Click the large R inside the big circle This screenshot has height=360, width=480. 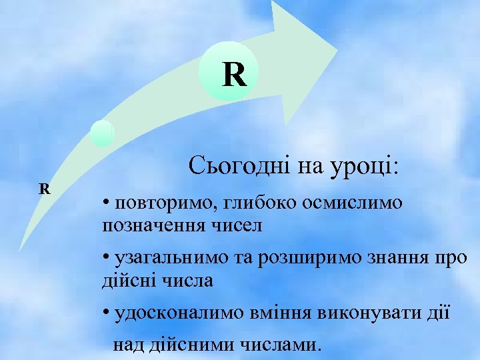(x=235, y=75)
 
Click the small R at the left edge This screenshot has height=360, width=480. (x=45, y=189)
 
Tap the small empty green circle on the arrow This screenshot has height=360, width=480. (x=102, y=133)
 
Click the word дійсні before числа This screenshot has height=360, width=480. (x=125, y=281)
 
